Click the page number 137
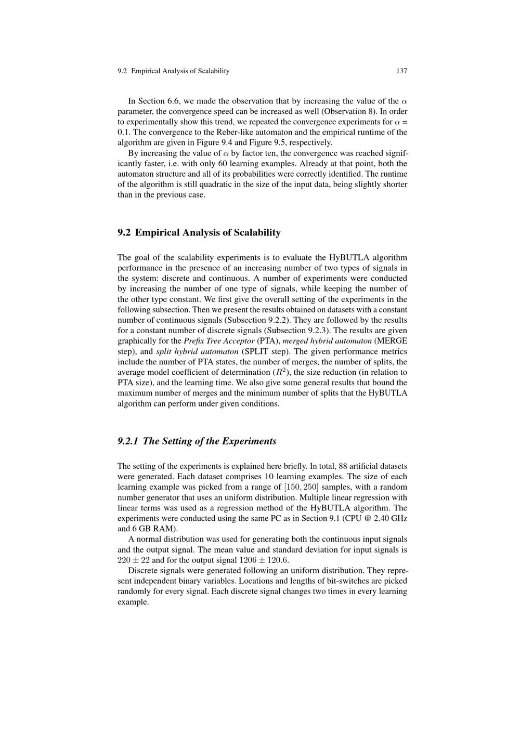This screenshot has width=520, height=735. click(401, 71)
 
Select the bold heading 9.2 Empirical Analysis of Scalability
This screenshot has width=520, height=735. click(199, 232)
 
